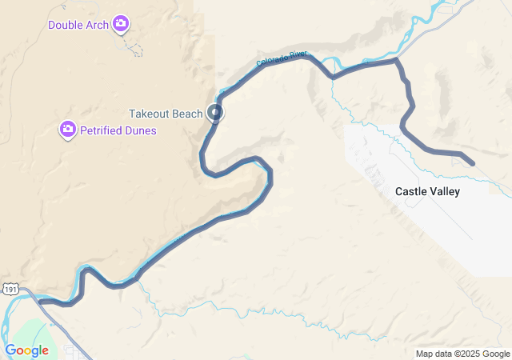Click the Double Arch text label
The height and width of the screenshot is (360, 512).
click(x=78, y=25)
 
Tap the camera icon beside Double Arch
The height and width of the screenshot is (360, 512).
click(x=121, y=24)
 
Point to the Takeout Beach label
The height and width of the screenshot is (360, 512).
click(x=166, y=114)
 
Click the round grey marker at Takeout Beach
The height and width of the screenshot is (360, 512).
click(x=215, y=113)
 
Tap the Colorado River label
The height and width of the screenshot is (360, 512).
click(x=282, y=58)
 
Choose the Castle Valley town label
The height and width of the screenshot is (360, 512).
click(x=427, y=192)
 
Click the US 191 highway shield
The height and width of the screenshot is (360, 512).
click(x=7, y=290)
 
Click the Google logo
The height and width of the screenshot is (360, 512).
click(x=26, y=350)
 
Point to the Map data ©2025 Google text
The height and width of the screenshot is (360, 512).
click(x=462, y=354)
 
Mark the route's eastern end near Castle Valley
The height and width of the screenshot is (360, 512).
click(x=473, y=164)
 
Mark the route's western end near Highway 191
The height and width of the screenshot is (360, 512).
click(x=40, y=302)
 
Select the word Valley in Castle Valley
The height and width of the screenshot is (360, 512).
click(x=444, y=192)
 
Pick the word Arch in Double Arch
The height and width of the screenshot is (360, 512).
click(x=96, y=25)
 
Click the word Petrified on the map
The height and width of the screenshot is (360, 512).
click(x=102, y=130)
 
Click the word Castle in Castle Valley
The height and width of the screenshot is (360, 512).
click(x=410, y=192)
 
